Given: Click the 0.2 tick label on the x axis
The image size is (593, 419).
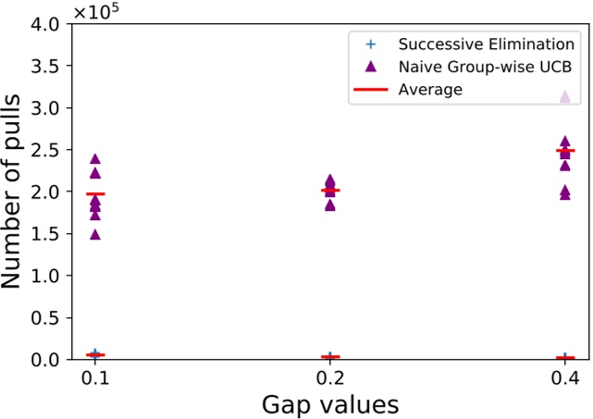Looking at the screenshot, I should (x=330, y=378).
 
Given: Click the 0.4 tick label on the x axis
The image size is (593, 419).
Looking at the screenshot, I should (x=565, y=378).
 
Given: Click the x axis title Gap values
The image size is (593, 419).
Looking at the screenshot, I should (x=329, y=404).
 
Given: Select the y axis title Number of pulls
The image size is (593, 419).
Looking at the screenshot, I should (x=18, y=192).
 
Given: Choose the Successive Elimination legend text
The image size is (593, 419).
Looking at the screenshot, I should (x=487, y=44).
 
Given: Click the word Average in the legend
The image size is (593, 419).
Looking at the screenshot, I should (x=430, y=90).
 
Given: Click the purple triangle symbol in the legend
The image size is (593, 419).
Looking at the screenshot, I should (x=371, y=67).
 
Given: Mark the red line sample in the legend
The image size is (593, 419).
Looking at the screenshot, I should (x=371, y=90).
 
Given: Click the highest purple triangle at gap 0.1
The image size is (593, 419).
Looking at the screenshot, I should (x=94, y=159).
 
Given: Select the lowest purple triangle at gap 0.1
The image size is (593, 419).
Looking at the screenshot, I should (x=94, y=234).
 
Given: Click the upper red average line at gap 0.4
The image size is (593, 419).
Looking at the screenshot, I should (x=565, y=151).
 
